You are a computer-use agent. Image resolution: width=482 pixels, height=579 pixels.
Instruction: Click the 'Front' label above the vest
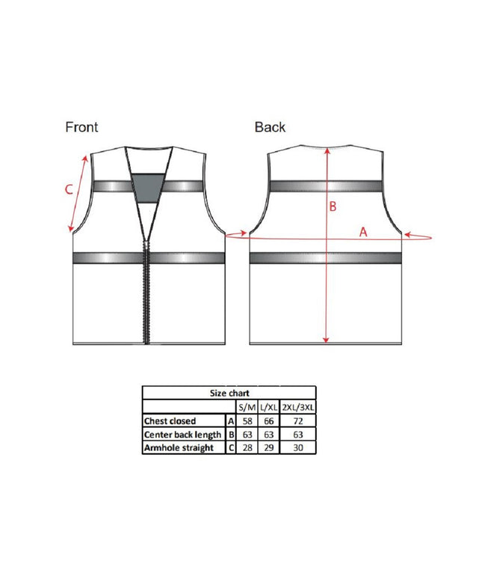[x=81, y=127]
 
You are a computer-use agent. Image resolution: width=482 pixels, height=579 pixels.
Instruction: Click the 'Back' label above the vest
[x=270, y=127]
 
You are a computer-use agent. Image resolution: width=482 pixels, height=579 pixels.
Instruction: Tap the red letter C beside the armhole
[x=69, y=189]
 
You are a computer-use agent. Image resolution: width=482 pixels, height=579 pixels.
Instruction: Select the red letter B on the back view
[x=333, y=206]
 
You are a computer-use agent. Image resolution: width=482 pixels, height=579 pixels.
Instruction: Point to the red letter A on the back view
[x=363, y=232]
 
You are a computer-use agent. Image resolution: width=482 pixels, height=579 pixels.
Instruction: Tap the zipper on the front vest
[x=147, y=292]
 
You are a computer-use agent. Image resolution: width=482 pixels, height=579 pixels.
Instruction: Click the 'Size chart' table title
[x=229, y=393]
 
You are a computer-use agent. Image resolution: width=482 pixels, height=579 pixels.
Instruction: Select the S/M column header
[x=247, y=407]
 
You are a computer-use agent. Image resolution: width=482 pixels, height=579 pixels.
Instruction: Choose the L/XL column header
[x=268, y=407]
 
